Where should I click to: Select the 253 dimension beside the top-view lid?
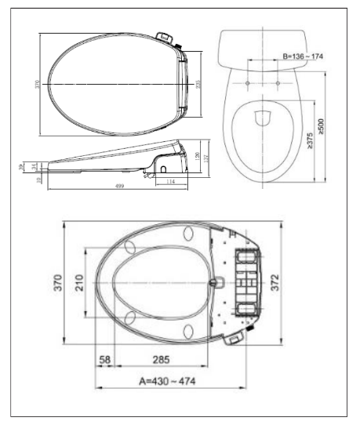[x=198, y=85]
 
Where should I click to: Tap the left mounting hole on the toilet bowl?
[x=248, y=81]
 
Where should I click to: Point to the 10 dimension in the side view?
[x=37, y=180]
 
